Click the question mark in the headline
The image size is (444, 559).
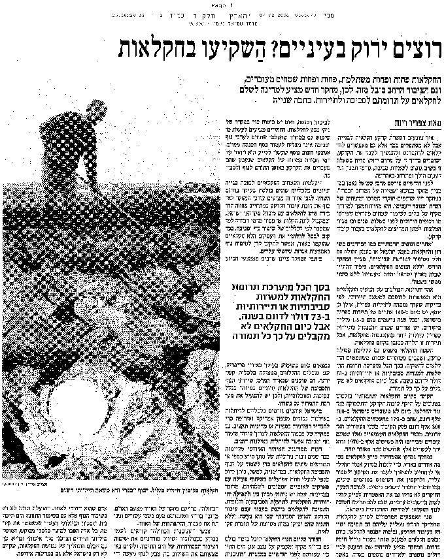(269, 49)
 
